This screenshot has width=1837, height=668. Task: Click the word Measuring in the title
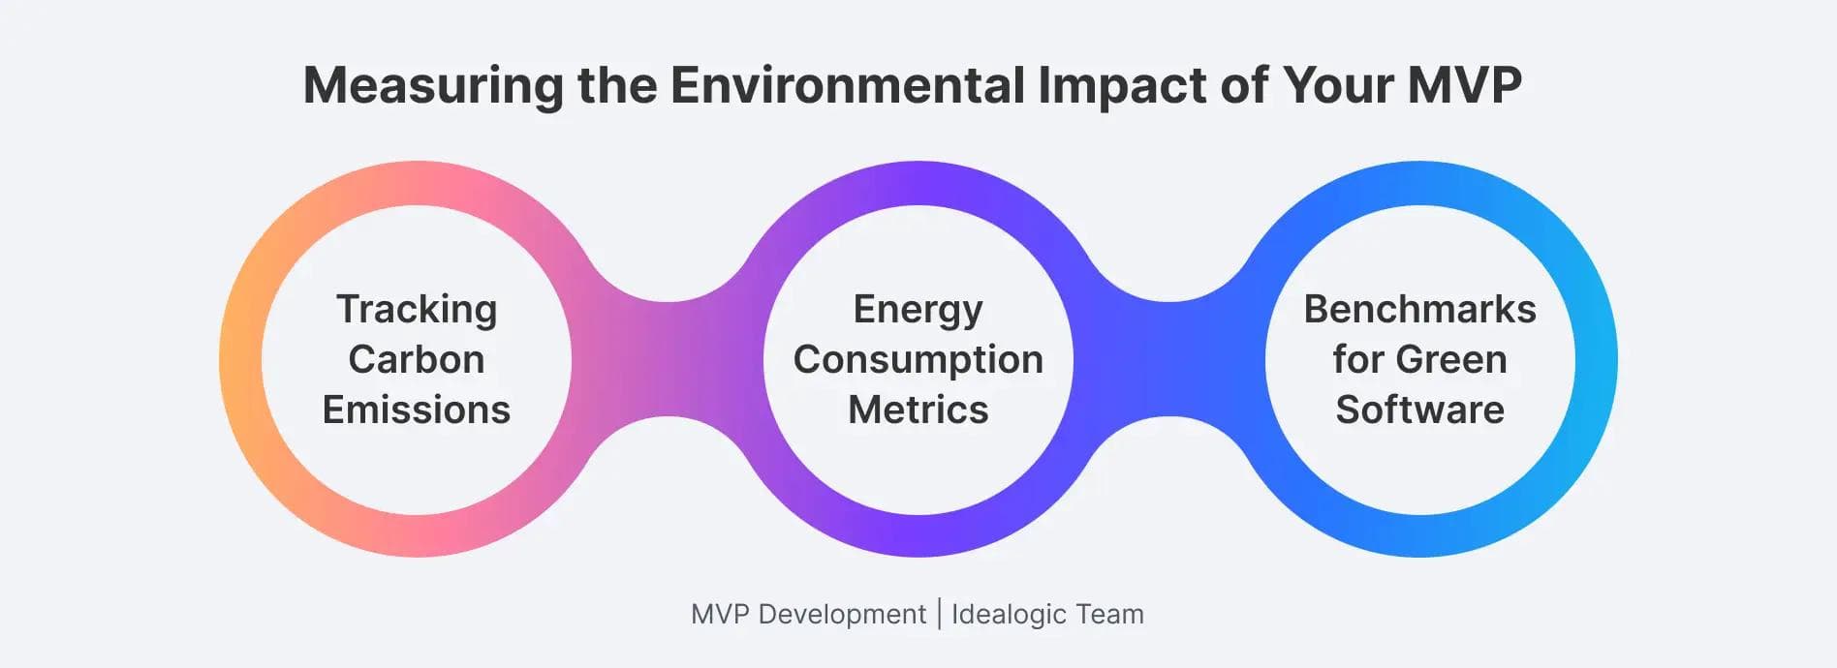433,87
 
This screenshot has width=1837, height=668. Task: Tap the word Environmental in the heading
848,85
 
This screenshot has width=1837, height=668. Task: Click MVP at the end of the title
1464,85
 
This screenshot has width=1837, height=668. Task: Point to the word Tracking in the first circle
417,311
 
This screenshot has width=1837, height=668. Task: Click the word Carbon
417,359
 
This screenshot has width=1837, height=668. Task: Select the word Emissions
417,410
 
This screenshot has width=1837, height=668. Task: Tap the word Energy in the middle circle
918,311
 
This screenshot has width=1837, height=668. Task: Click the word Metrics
918,410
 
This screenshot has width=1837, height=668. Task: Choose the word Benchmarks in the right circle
1420,309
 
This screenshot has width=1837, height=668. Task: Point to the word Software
1420,410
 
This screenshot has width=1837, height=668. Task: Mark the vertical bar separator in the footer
939,614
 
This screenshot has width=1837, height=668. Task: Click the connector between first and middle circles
668,359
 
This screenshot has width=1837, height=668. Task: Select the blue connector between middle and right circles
1169,359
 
